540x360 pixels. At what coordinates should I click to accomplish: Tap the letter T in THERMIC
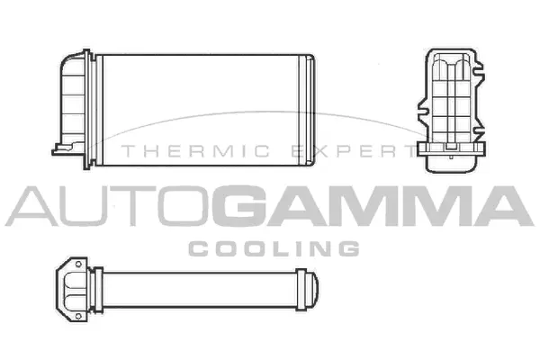click(128, 152)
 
